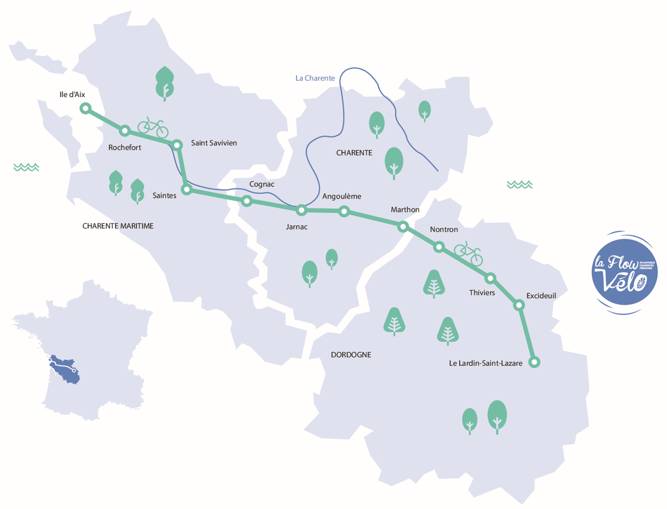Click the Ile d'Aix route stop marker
pos(85,108)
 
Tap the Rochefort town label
pos(125,148)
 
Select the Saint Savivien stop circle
pos(177,144)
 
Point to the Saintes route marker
pos(186,190)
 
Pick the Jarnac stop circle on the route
pos(302,210)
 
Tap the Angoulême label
pos(342,196)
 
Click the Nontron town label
pos(444,230)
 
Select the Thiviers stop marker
pos(490,278)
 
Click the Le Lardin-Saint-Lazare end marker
pos(534,362)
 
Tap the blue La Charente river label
pos(315,78)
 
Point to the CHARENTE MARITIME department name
pos(118,226)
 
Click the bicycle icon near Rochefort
pos(153,127)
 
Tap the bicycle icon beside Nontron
pos(469,253)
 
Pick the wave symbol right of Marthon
pos(520,185)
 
